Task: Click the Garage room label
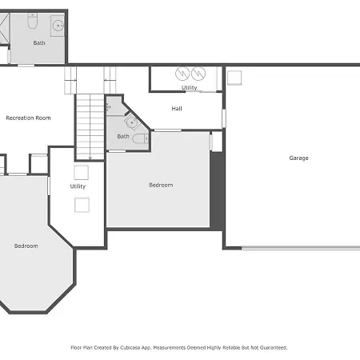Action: [298, 158]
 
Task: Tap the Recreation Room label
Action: [28, 118]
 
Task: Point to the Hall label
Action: [177, 109]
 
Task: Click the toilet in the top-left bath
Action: [33, 21]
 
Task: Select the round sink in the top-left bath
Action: [58, 26]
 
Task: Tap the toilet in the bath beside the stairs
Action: [140, 138]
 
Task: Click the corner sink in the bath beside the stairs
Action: [132, 122]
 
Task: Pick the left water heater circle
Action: [182, 73]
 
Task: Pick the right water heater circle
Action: [198, 73]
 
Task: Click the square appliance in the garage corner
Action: [234, 78]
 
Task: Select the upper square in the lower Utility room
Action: [82, 173]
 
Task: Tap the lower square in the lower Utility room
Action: [82, 205]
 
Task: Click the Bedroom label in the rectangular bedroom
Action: [161, 185]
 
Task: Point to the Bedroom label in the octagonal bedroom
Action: [26, 246]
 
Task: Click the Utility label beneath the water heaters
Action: [190, 88]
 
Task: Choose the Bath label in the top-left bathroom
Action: [39, 42]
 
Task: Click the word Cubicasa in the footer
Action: [131, 348]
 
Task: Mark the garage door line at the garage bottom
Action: [301, 248]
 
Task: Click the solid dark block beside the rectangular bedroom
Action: [217, 190]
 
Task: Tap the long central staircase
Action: [90, 127]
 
